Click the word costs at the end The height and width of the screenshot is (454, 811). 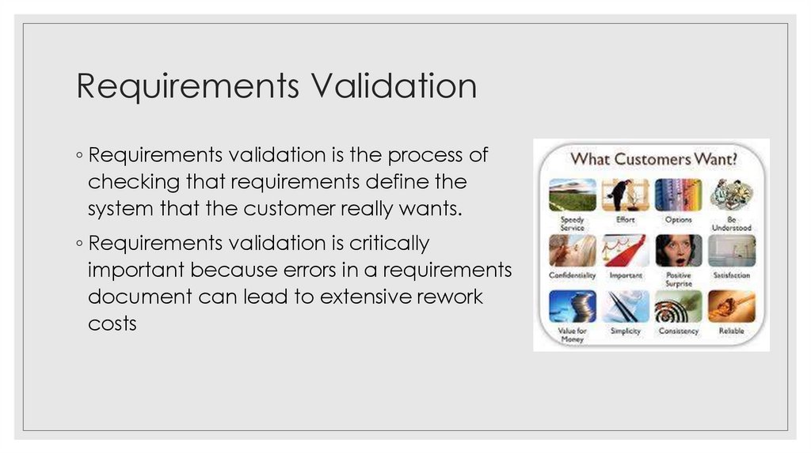click(x=112, y=323)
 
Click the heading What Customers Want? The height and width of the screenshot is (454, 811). click(x=654, y=159)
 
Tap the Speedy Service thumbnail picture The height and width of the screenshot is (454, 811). click(x=572, y=195)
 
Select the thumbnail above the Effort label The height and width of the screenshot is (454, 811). click(x=626, y=195)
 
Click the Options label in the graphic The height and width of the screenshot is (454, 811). click(x=679, y=220)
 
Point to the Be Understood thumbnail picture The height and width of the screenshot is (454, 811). click(x=731, y=195)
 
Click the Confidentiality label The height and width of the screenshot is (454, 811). click(x=572, y=276)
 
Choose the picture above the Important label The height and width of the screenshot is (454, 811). click(x=626, y=251)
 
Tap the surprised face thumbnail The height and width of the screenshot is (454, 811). click(x=679, y=251)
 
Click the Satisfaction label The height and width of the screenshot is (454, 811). click(x=731, y=276)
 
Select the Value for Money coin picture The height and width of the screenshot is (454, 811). click(x=572, y=306)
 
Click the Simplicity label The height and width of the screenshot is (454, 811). click(x=626, y=331)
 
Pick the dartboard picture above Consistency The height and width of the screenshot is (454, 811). click(x=679, y=306)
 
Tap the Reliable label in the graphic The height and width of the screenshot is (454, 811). click(x=731, y=331)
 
